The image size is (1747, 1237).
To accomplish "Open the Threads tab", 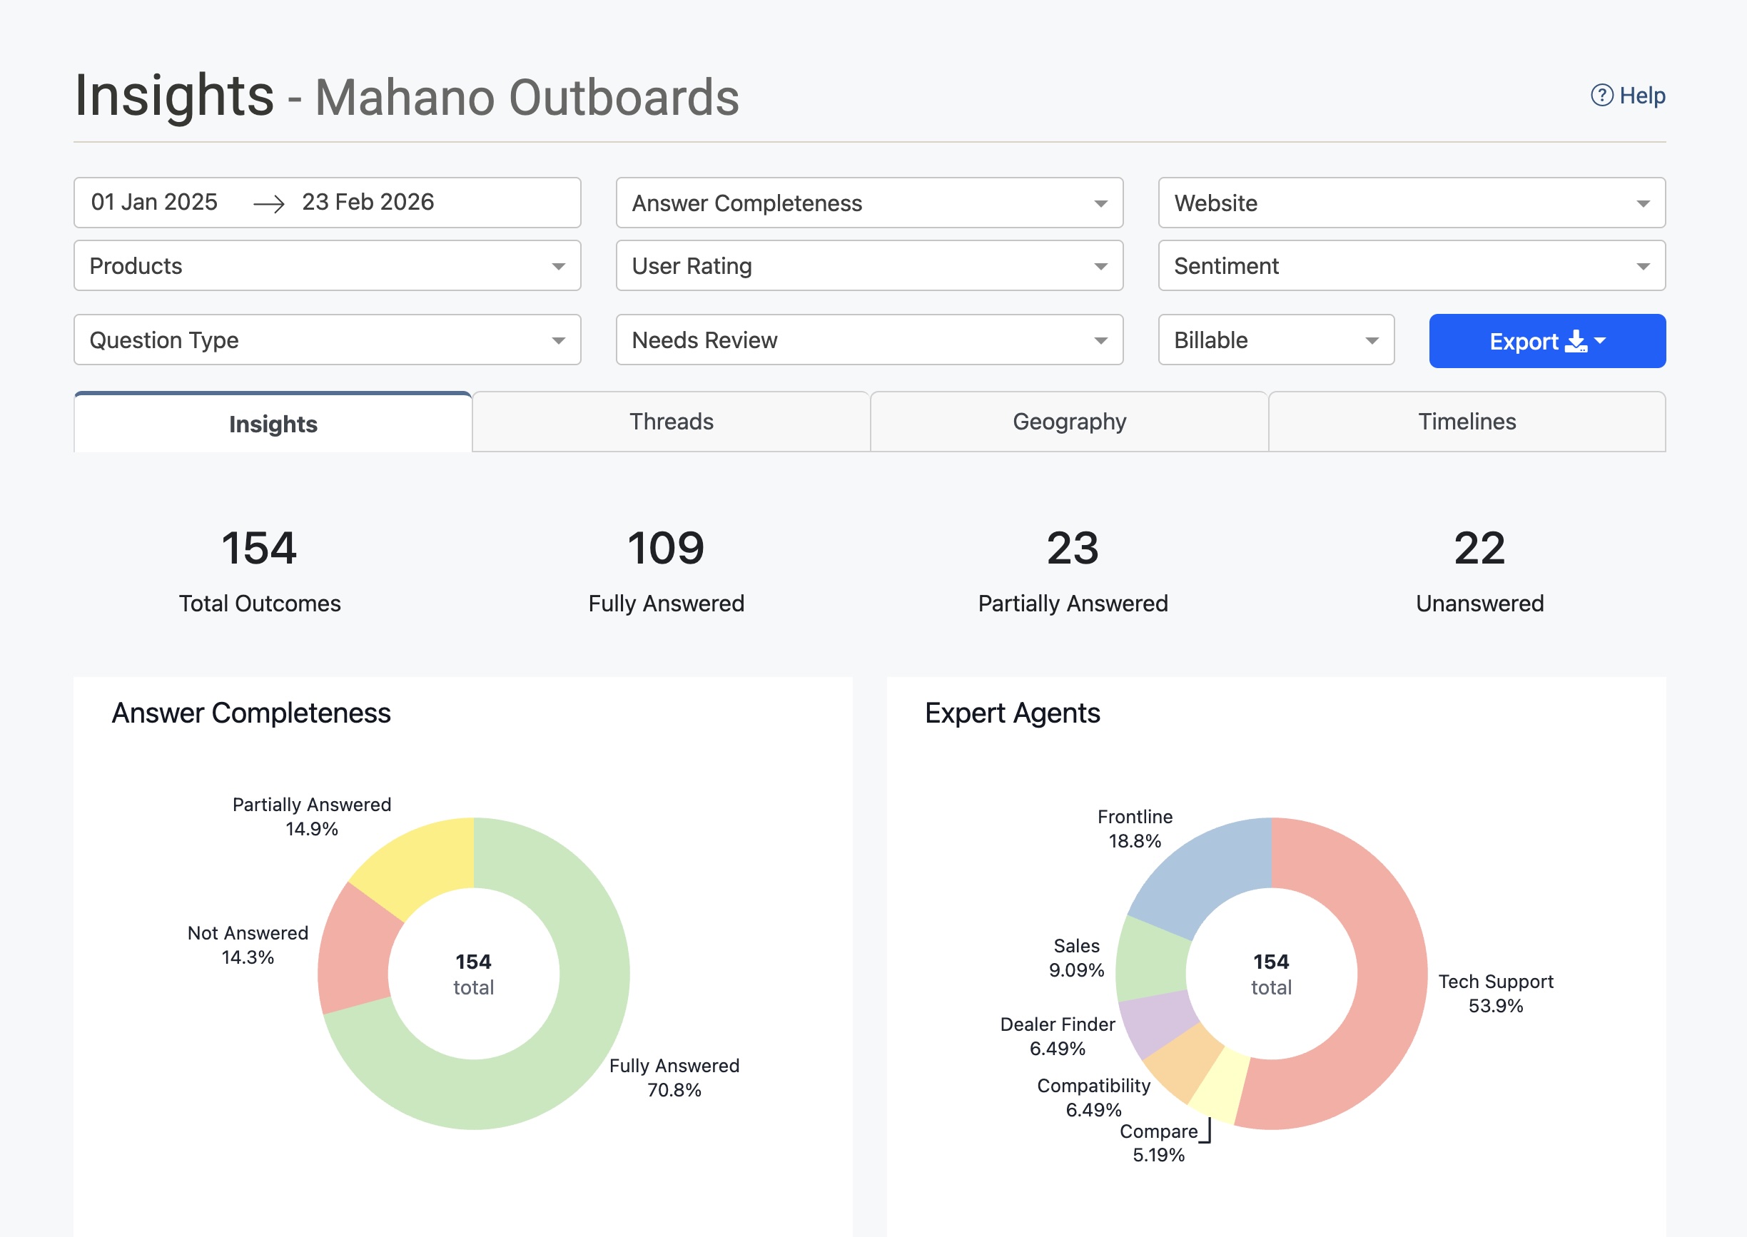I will pos(672,422).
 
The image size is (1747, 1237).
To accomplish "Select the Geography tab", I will pos(1069,422).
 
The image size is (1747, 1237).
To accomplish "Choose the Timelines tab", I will pos(1467,422).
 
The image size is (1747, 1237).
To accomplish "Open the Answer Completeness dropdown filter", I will pos(869,203).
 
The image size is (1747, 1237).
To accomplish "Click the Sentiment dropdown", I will pos(1411,266).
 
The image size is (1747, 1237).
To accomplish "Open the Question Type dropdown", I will pos(327,340).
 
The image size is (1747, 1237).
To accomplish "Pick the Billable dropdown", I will pos(1275,340).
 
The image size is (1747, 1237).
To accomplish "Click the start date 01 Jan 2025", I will pos(155,203).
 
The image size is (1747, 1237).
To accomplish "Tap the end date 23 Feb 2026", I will pos(368,203).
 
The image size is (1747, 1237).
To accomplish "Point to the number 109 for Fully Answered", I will pos(666,549).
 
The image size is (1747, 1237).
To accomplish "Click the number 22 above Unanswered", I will pos(1479,549).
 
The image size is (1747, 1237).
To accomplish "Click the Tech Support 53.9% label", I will pos(1495,993).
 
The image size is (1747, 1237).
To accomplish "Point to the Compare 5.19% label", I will pos(1158,1143).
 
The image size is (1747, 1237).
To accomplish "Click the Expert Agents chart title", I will pos(1012,713).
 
